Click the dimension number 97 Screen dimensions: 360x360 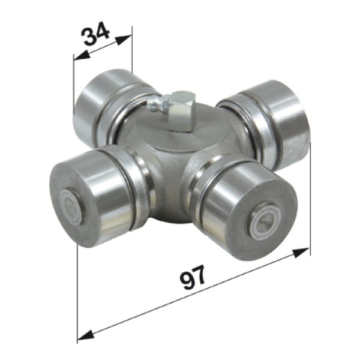(x=193, y=278)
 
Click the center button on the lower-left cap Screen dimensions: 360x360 (x=73, y=206)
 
